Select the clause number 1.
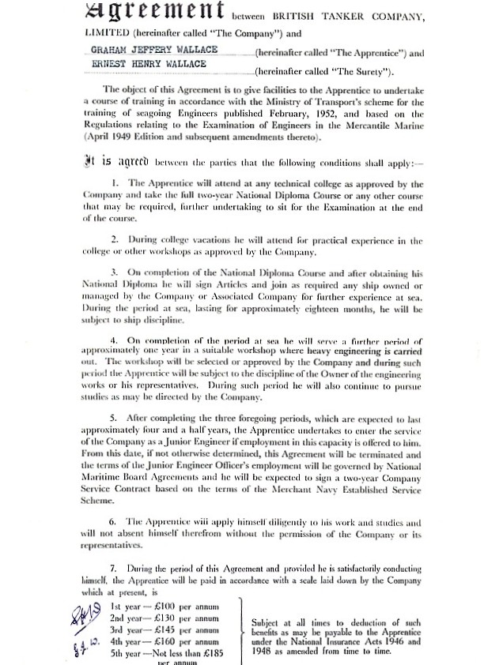(115, 183)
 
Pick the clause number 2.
(115, 240)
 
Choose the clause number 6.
(115, 522)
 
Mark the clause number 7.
(115, 569)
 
